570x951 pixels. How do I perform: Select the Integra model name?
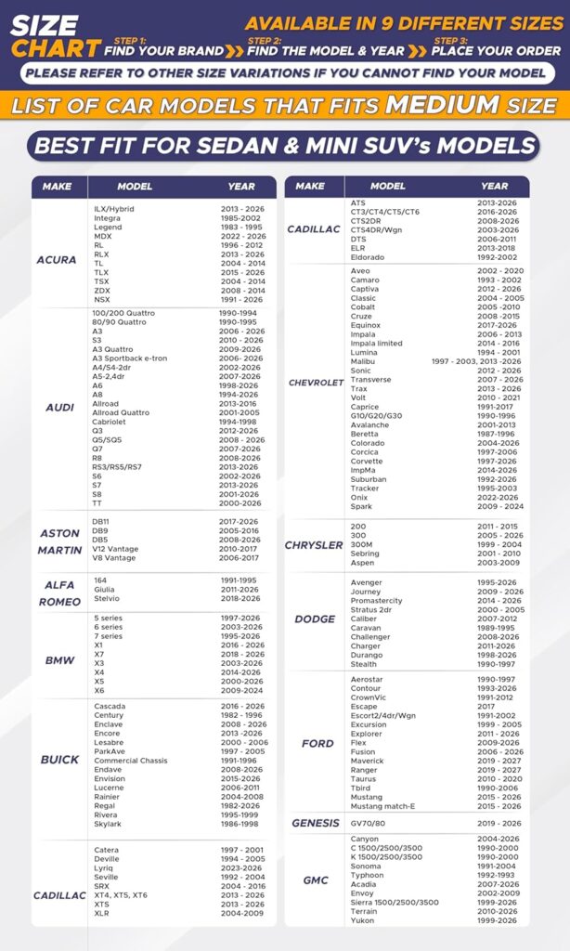107,218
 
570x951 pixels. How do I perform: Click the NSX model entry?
102,300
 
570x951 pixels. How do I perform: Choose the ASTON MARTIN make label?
60,542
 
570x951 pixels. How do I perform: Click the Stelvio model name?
107,599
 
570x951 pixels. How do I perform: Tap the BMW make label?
60,660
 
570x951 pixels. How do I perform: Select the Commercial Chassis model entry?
131,761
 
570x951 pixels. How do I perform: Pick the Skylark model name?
108,824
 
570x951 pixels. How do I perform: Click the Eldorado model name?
367,257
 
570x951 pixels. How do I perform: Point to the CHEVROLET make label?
316,383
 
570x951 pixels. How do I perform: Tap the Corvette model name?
367,462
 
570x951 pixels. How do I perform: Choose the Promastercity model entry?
377,601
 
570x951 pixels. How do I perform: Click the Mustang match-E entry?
382,806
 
